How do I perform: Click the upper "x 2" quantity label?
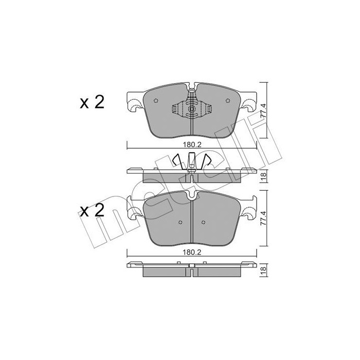(x=93, y=102)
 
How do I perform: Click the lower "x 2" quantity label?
(x=93, y=210)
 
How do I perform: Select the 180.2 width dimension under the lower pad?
(x=192, y=253)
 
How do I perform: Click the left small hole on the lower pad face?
(x=181, y=223)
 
